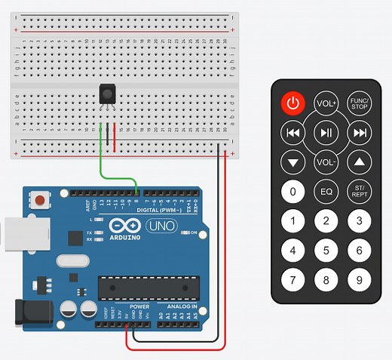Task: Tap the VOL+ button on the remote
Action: pos(326,103)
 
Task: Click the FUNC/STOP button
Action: pos(360,103)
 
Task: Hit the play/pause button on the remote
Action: pos(326,133)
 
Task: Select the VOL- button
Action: pos(326,162)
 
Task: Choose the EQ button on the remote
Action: pos(326,191)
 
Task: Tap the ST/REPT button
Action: pos(360,191)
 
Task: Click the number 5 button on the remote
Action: pos(326,251)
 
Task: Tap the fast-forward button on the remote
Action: pos(360,133)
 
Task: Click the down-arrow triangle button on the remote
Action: pos(292,162)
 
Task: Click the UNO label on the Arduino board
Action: pos(161,226)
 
